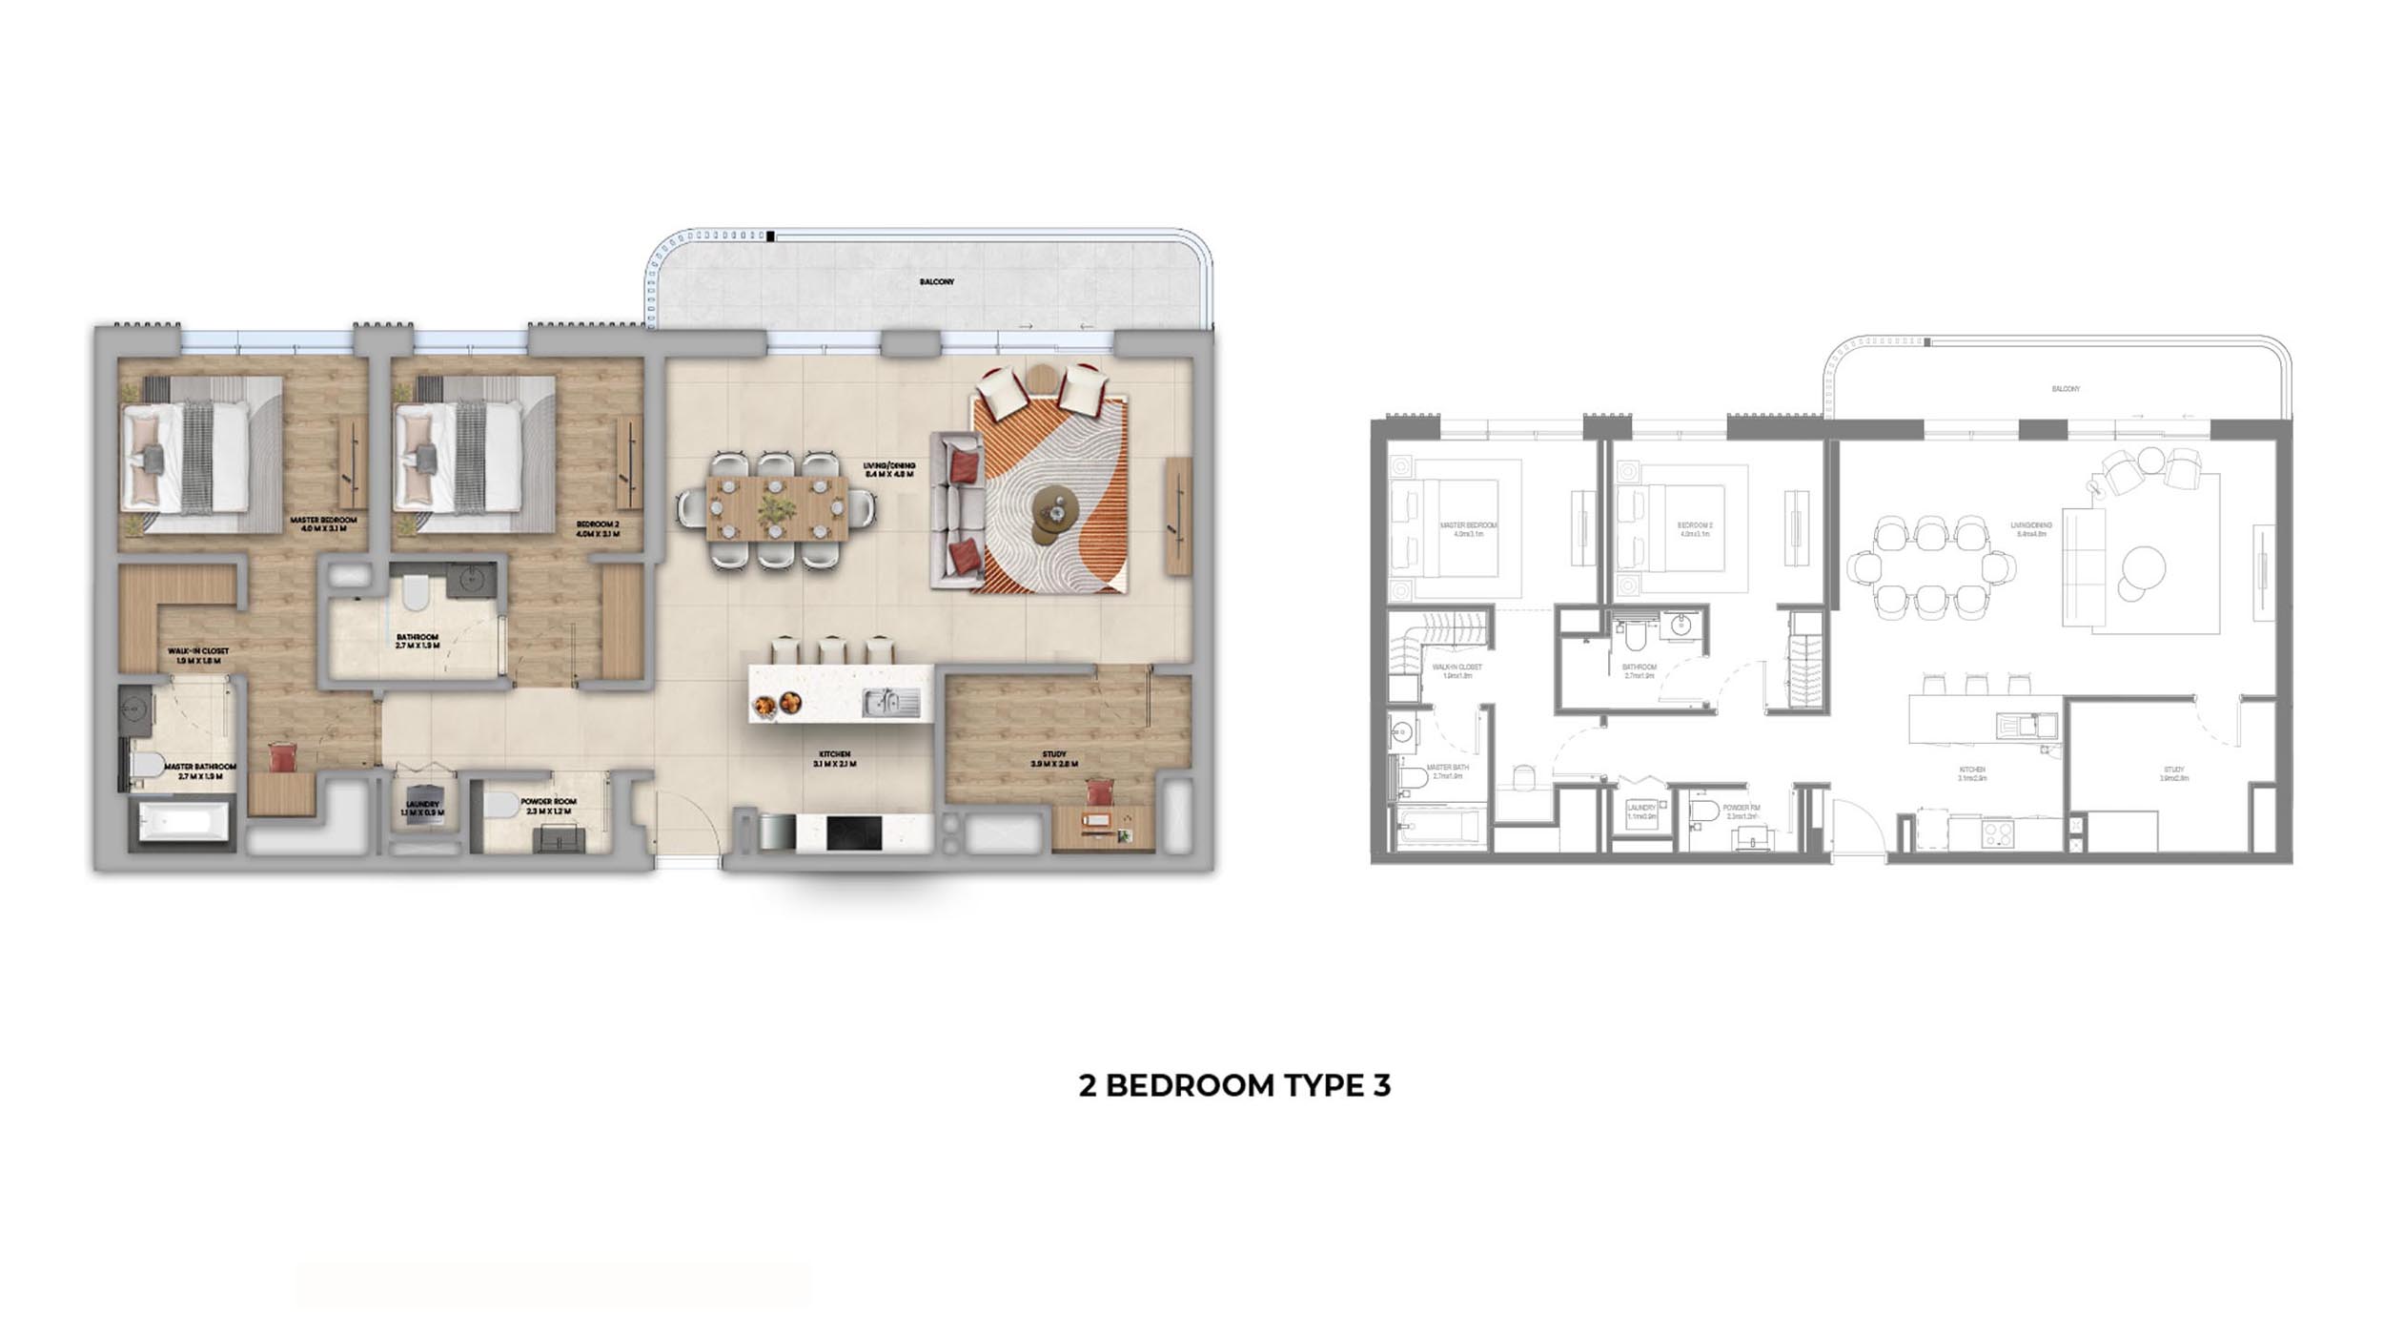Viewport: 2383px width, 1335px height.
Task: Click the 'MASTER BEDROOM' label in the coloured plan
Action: pyautogui.click(x=323, y=521)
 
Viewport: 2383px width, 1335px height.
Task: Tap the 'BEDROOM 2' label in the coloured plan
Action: pyautogui.click(x=598, y=524)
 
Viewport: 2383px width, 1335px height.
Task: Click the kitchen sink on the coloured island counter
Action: pyautogui.click(x=890, y=704)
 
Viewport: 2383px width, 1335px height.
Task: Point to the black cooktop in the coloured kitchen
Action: pyautogui.click(x=853, y=832)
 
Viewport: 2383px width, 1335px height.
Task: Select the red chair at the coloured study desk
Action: pyautogui.click(x=1100, y=792)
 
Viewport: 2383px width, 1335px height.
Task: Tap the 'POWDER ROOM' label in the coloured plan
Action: pyautogui.click(x=548, y=802)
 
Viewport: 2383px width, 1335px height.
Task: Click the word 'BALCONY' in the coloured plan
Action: pyautogui.click(x=936, y=282)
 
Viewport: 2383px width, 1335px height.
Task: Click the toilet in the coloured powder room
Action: pyautogui.click(x=499, y=807)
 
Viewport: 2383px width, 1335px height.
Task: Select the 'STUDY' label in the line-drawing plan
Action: pyautogui.click(x=2173, y=770)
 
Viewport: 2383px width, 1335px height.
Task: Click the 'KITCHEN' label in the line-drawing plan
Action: pyautogui.click(x=1972, y=770)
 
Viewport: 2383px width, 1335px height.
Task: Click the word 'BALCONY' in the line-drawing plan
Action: pyautogui.click(x=2066, y=389)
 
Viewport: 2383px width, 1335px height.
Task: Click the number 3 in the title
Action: pyautogui.click(x=1381, y=1085)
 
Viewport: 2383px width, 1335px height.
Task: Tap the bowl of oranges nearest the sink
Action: pyautogui.click(x=790, y=704)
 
